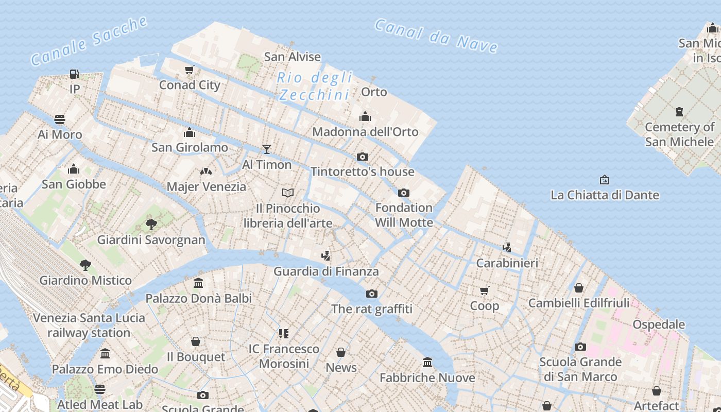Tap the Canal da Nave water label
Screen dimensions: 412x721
436,36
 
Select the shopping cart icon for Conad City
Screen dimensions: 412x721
190,70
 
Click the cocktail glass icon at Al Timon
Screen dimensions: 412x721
267,149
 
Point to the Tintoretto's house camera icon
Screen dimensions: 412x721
363,157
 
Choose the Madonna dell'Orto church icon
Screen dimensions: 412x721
365,116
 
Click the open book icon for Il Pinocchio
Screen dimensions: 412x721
288,193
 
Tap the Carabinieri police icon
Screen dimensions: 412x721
507,248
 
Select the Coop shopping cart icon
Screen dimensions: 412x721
485,291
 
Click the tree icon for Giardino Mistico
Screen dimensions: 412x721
85,265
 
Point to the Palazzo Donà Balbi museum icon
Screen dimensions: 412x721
198,283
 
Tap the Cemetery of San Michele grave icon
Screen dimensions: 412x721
679,111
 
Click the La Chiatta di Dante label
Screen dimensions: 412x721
605,195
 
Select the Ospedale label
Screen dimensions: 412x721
659,324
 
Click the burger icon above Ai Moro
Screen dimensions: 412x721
60,119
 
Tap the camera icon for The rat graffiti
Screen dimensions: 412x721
371,294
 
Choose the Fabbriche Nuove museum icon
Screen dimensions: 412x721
427,363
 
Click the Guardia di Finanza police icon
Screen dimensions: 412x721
325,256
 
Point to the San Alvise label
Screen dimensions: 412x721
293,57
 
